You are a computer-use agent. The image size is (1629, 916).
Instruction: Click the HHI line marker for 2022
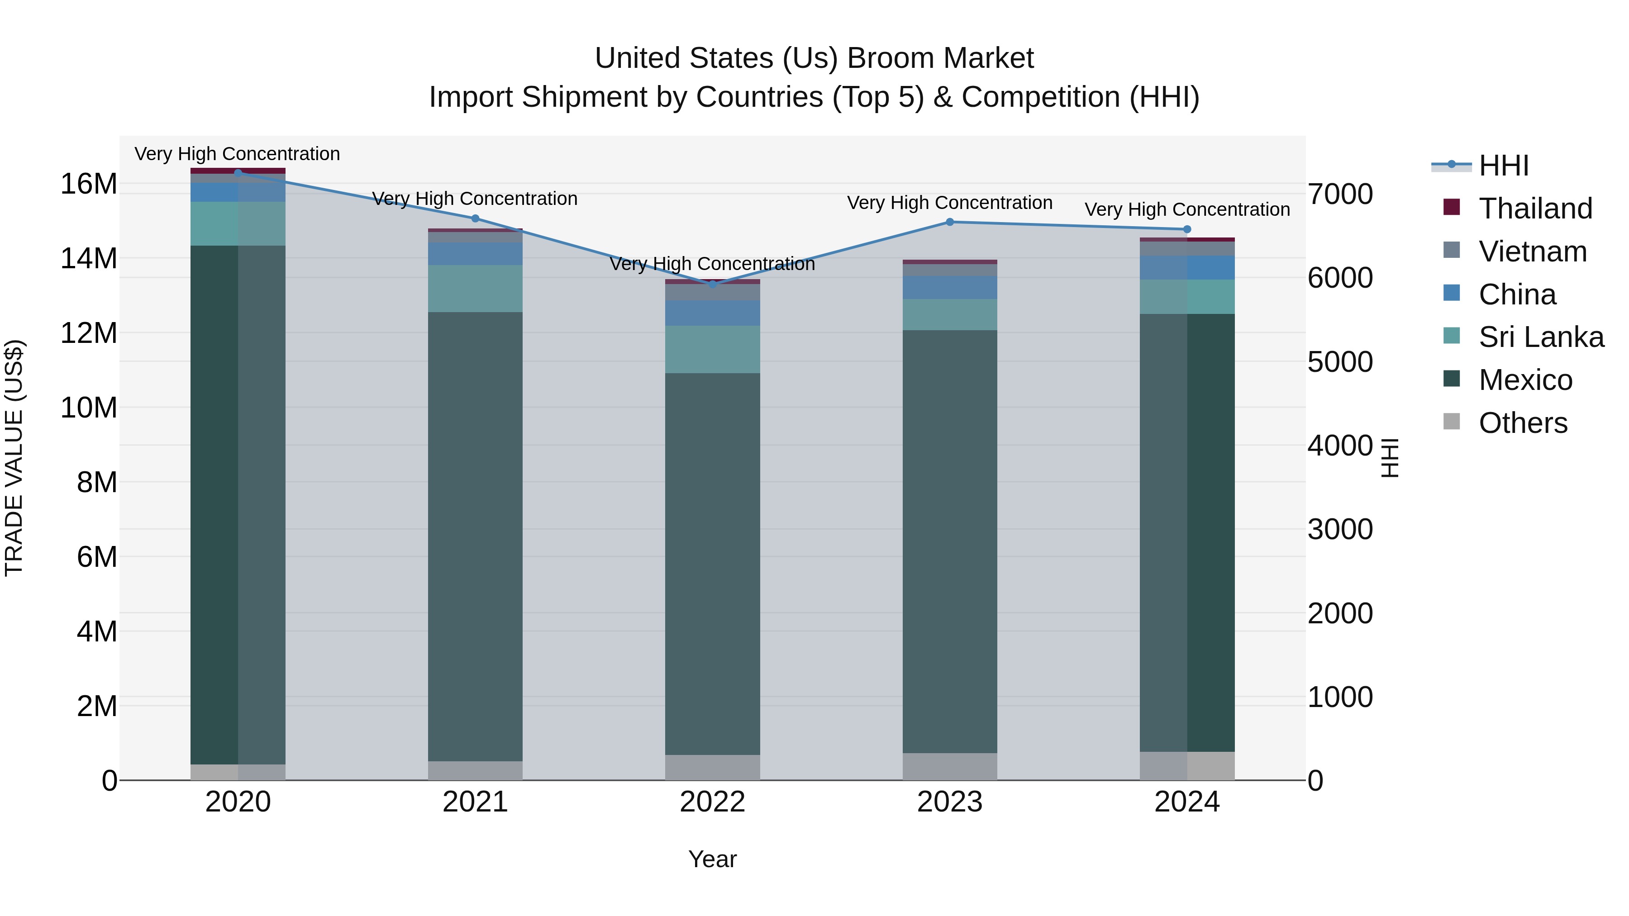[713, 285]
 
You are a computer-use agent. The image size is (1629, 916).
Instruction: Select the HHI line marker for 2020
[238, 173]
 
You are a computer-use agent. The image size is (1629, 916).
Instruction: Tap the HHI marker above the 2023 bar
[950, 222]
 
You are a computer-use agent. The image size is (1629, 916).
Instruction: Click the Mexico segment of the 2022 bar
[713, 563]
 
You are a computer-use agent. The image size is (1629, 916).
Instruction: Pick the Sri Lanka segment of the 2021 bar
[475, 288]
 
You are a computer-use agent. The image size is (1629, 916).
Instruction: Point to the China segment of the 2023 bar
[950, 287]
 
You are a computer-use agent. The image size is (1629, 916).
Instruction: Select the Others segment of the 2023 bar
[950, 766]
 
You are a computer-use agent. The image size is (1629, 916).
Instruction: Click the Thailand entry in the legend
[1535, 209]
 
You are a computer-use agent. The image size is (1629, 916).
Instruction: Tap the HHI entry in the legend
[1504, 166]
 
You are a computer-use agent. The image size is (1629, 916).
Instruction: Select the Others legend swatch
[1452, 422]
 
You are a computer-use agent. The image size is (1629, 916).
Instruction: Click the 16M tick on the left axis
[89, 184]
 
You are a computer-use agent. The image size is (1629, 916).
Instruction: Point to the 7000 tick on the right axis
[1340, 194]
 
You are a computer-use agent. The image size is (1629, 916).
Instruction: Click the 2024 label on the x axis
[1187, 802]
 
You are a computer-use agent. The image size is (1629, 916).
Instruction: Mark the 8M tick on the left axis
[97, 482]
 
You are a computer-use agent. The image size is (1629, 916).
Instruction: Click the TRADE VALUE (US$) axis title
[14, 458]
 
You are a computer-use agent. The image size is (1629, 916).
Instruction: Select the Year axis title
[712, 859]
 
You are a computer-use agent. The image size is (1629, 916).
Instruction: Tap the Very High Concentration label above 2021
[475, 199]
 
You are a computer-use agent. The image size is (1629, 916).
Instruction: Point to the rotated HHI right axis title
[1390, 458]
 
